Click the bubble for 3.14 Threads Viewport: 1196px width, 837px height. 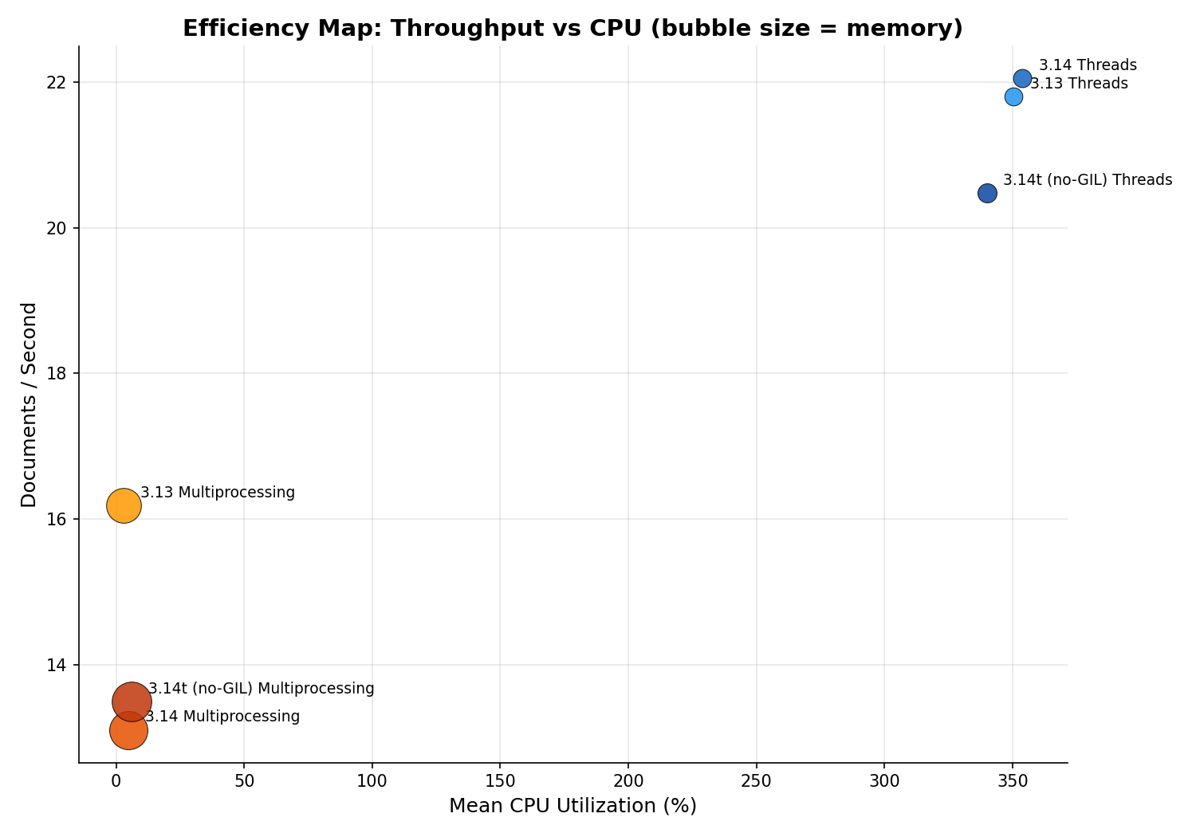coord(1022,78)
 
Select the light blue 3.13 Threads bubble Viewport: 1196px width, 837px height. coord(1013,97)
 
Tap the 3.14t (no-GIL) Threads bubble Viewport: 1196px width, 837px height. coord(987,193)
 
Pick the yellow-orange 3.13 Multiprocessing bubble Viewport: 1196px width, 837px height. coord(124,505)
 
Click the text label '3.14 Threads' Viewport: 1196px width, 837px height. coord(1088,65)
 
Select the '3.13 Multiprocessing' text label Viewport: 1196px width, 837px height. coord(218,493)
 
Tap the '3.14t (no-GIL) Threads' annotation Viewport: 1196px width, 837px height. coord(1088,180)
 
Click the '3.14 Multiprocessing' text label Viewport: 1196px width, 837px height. coord(222,717)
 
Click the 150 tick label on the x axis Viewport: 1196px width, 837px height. coord(500,781)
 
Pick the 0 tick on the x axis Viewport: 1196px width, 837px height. coord(116,781)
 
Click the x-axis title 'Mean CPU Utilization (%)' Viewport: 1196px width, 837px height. coord(572,806)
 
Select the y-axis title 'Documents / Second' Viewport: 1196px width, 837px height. coord(29,404)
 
